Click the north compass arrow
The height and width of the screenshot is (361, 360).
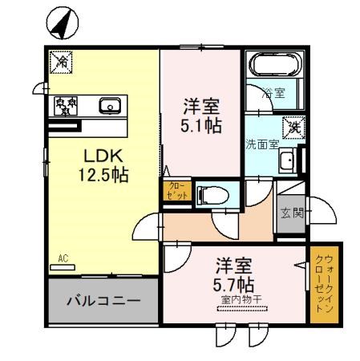tap(60, 25)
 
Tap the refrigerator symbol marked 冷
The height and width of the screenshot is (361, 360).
tap(61, 59)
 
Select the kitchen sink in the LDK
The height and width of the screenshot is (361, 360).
tap(109, 105)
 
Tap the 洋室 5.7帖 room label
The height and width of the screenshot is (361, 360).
tap(235, 275)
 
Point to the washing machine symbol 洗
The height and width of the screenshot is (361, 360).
tap(294, 125)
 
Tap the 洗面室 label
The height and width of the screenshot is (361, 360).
tap(261, 144)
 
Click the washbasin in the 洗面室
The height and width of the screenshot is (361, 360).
tap(288, 161)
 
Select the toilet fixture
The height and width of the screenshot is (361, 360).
tap(212, 194)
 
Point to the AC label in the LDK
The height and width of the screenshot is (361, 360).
tap(63, 258)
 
